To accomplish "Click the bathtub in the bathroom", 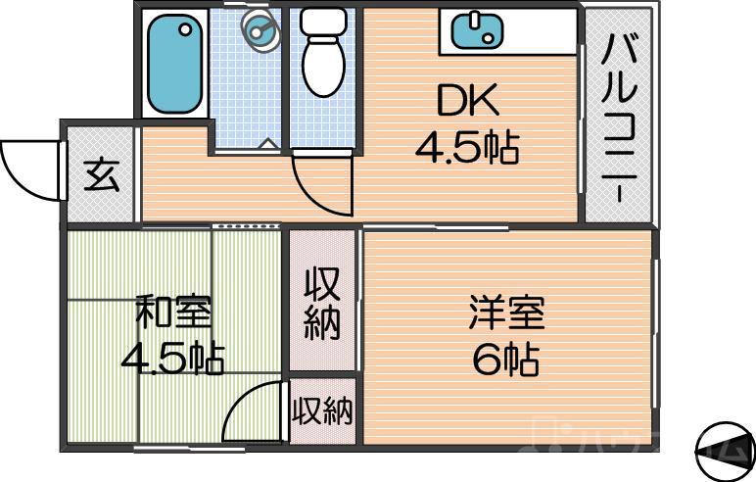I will [x=176, y=63].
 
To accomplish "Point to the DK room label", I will [x=467, y=101].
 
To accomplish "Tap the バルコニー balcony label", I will [x=619, y=116].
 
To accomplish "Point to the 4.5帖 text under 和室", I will [x=172, y=358].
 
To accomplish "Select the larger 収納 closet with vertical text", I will [x=321, y=303].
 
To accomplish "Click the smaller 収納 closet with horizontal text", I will [x=322, y=412].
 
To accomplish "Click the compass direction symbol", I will [x=725, y=451].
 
